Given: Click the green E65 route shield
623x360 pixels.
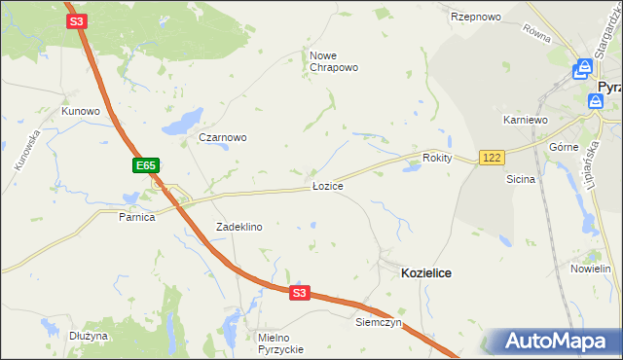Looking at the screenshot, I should pos(146,166).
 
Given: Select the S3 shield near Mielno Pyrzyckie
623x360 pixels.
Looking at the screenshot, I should pos(299,293).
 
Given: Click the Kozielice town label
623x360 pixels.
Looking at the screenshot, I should pos(425,274).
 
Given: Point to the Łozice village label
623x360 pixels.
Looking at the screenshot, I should pos(327,185).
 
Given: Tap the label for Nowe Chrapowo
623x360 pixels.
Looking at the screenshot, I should pos(334,61).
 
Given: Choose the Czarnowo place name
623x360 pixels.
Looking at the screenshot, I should pos(222,137).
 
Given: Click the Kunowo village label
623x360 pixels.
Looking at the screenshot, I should pos(81,111).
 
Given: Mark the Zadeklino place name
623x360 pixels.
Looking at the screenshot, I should pos(238,227).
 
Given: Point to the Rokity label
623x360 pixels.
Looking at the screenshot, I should pos(438,158).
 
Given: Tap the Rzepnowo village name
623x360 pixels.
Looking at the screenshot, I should pos(475,18).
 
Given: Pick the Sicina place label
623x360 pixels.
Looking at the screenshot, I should pos(521,180).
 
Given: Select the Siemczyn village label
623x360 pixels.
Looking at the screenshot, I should pos(379,322).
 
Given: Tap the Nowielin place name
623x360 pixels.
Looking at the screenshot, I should pos(590,269).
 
